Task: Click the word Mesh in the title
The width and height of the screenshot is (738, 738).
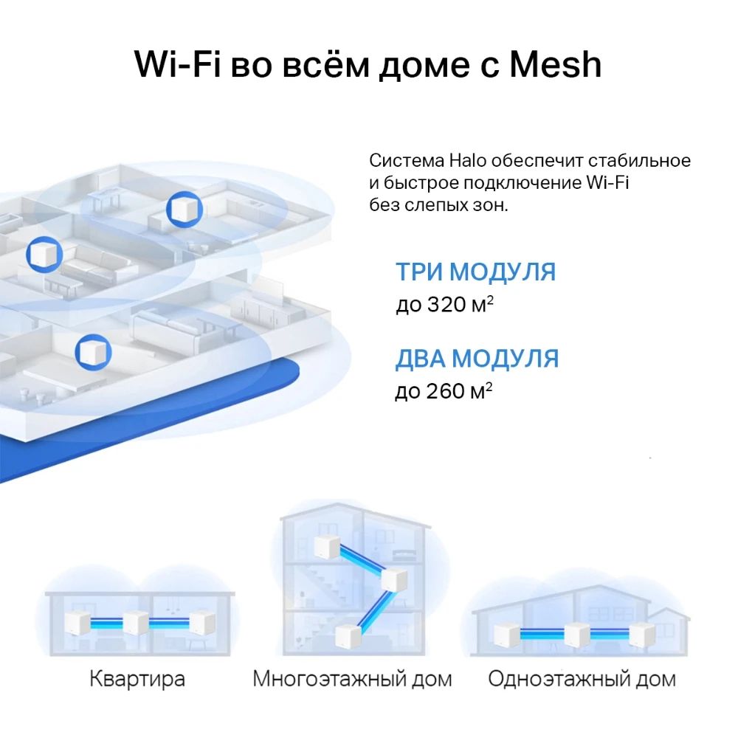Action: point(556,64)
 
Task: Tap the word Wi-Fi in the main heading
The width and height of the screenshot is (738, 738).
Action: point(177,64)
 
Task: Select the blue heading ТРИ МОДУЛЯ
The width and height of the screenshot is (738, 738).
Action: point(475,272)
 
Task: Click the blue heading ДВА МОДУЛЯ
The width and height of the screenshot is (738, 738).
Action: point(477,358)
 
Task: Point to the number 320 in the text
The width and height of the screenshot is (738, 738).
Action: point(446,304)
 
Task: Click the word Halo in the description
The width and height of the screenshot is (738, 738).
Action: point(467,160)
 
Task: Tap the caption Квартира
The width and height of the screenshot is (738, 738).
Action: point(137,679)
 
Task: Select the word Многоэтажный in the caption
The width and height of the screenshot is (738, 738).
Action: point(328,679)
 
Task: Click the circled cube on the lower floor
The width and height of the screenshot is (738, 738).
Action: point(93,352)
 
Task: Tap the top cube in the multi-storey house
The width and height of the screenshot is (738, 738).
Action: point(327,546)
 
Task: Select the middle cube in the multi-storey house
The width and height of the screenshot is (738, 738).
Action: point(393,579)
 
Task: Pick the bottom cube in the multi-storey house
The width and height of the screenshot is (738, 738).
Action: point(348,636)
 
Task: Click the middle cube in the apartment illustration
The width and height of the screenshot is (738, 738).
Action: point(136,623)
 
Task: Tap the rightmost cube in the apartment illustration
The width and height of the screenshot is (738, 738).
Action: point(202,623)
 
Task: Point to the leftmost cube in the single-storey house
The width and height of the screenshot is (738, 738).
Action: point(507,635)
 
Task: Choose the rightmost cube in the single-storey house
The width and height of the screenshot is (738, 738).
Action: point(643,635)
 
